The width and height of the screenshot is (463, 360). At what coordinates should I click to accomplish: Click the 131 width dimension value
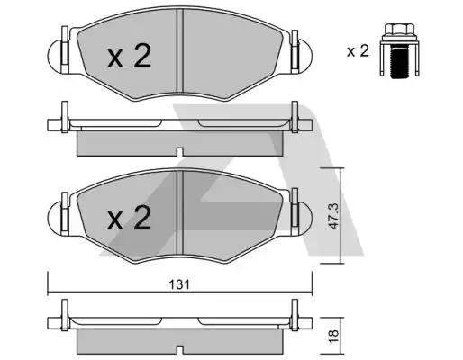[x=179, y=284]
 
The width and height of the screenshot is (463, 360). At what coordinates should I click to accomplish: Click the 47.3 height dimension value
[x=333, y=216]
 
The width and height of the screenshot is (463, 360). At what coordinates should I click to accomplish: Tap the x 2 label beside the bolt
[x=358, y=51]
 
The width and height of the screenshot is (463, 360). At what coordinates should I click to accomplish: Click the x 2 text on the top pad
[x=129, y=56]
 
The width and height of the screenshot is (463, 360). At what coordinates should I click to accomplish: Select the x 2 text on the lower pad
[x=129, y=218]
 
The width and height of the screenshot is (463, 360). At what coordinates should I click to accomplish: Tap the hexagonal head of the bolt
[x=400, y=30]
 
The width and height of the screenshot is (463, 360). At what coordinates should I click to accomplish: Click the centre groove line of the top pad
[x=179, y=50]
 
